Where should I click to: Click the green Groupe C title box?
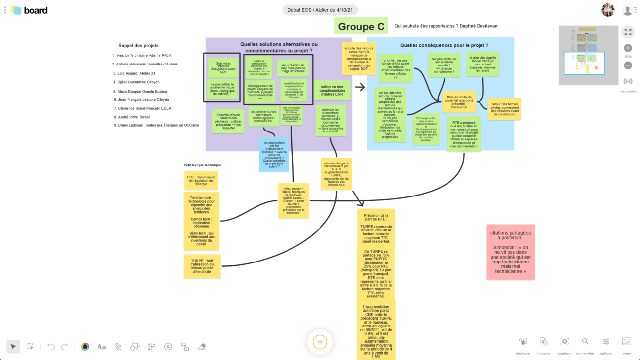click(361, 26)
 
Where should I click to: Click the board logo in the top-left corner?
click(29, 10)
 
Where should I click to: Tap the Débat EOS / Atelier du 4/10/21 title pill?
click(320, 10)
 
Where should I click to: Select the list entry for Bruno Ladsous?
click(156, 126)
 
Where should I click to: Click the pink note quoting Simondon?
click(511, 252)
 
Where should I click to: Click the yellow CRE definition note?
click(201, 180)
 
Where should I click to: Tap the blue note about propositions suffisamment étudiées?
click(275, 155)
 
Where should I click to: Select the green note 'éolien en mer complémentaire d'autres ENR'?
click(332, 90)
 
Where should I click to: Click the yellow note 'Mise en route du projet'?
click(459, 102)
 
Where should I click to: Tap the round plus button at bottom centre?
click(320, 342)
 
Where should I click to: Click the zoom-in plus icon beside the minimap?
click(628, 48)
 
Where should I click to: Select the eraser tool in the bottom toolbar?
click(201, 347)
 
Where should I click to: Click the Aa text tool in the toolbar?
click(101, 347)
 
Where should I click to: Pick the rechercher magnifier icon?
click(585, 342)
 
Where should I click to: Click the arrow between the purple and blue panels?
click(360, 87)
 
